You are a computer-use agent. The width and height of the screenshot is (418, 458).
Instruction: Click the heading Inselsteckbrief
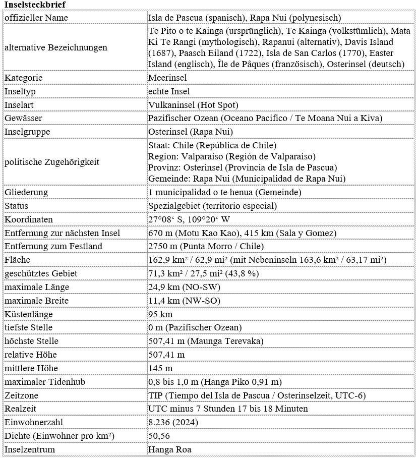34,5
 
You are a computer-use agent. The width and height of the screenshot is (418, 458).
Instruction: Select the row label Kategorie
23,78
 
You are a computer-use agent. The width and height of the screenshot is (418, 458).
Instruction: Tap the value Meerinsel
167,78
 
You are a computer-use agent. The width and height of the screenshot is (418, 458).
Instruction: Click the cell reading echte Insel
169,91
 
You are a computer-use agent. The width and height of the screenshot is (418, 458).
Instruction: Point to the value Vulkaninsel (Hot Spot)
193,105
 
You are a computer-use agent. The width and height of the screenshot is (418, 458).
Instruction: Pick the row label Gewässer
23,118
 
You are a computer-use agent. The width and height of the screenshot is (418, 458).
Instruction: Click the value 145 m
160,368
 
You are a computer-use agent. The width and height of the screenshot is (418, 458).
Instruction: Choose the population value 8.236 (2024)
173,422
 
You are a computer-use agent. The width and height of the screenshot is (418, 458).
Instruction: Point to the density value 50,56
159,436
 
